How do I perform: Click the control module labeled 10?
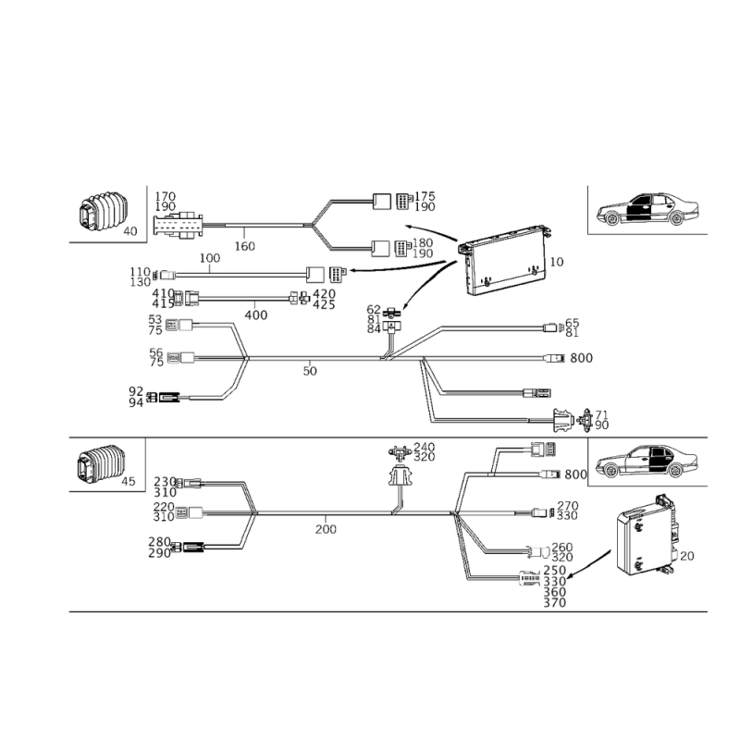tap(505, 260)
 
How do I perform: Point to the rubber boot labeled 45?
tap(101, 463)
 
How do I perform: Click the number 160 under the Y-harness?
tap(244, 246)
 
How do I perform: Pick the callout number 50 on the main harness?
tap(310, 371)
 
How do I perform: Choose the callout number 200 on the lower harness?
tap(326, 529)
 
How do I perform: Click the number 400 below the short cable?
tap(256, 314)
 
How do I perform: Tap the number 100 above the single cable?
tap(210, 258)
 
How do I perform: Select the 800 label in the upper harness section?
tap(581, 358)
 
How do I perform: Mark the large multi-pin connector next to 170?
tap(178, 226)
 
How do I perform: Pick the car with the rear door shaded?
tap(647, 461)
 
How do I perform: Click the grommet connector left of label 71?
tap(563, 420)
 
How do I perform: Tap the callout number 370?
tap(554, 603)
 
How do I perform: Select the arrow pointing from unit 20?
tap(589, 563)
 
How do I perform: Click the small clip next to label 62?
tap(391, 312)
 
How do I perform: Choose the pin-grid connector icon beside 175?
tap(404, 201)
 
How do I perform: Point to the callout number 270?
tap(568, 506)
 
